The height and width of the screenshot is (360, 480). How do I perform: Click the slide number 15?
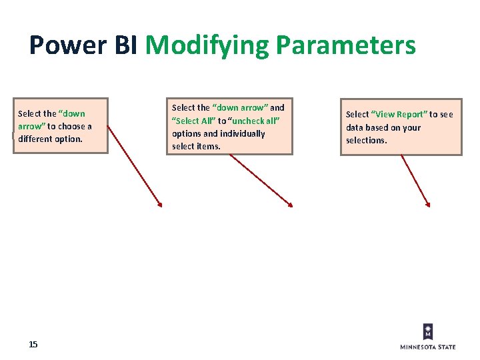click(x=33, y=344)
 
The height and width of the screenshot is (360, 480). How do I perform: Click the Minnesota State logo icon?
click(x=428, y=331)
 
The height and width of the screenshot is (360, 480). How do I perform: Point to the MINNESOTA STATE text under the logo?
click(x=428, y=347)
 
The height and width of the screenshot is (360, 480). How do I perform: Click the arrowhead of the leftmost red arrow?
click(x=160, y=205)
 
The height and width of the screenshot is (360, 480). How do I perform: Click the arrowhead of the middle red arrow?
click(x=290, y=204)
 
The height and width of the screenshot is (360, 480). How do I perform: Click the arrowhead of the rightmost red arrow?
click(x=427, y=204)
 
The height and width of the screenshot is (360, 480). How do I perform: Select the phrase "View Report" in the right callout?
click(x=400, y=115)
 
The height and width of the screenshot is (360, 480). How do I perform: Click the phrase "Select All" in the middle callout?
click(x=194, y=121)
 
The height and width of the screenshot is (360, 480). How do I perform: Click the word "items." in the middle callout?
click(x=208, y=146)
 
